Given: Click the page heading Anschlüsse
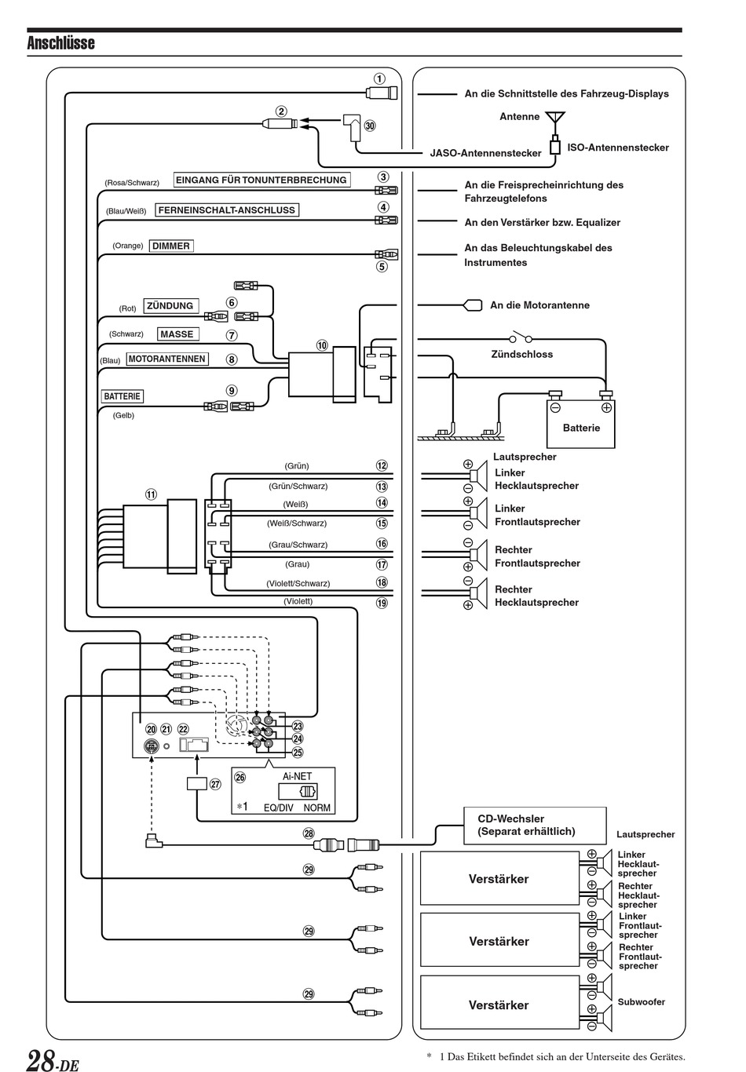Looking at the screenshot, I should tap(60, 42).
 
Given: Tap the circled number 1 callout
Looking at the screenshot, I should tap(379, 78).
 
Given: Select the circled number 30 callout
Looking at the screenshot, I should tap(370, 126).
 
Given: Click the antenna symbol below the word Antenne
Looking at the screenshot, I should tap(555, 119).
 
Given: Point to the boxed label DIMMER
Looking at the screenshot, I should tap(171, 246).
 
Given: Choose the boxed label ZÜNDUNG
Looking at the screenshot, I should tap(170, 306).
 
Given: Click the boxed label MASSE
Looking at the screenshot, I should tap(177, 334).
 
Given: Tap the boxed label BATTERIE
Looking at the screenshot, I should tap(122, 396).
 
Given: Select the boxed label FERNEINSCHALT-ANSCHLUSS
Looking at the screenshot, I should tap(227, 210).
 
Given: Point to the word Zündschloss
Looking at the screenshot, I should tap(521, 354).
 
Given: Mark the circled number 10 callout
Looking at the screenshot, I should tap(322, 345).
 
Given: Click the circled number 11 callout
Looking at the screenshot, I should tap(150, 494).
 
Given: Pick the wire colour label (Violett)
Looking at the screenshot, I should tap(298, 601).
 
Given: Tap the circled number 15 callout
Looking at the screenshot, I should tap(382, 523).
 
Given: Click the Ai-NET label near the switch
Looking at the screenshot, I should tap(297, 776).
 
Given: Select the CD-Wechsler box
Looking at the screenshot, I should tap(535, 825).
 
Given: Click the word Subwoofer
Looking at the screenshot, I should tap(641, 1002).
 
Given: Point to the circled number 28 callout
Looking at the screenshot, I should tap(309, 833).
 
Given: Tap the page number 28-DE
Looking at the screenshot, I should tap(53, 1060).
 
